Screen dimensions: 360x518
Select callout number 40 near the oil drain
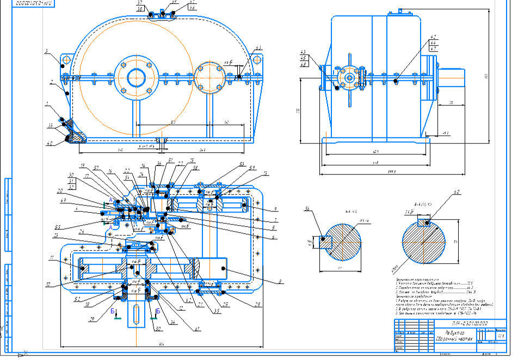(x=50, y=144)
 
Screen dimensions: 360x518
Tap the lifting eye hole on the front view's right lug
(x=257, y=60)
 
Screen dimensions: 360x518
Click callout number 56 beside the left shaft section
(x=307, y=209)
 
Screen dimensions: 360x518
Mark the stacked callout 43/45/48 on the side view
(x=303, y=59)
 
